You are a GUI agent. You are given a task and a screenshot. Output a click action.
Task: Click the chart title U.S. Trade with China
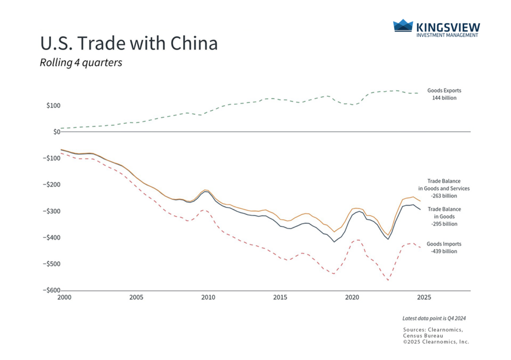[129, 43]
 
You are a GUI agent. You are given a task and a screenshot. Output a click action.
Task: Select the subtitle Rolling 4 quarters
[81, 63]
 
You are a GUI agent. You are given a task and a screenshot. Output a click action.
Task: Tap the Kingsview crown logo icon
[403, 26]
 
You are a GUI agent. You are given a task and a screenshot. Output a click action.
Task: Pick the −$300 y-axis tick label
[52, 212]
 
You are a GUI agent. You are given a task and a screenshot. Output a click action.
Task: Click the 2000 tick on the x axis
[64, 297]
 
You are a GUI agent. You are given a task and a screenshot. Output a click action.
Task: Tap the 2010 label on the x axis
[208, 297]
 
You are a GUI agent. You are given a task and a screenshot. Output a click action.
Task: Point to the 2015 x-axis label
[280, 297]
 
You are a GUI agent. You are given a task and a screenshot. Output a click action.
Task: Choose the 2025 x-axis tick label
[424, 297]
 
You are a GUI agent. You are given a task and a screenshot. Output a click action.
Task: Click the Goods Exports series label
[444, 91]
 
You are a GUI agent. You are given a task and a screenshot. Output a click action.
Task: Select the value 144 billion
[444, 98]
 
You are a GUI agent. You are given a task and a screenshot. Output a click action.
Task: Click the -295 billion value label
[444, 224]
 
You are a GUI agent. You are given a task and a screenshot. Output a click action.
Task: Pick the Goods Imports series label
[444, 244]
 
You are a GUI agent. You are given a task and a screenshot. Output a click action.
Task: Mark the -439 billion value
[444, 251]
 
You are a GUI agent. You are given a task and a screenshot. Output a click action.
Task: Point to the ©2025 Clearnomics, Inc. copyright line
[436, 342]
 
